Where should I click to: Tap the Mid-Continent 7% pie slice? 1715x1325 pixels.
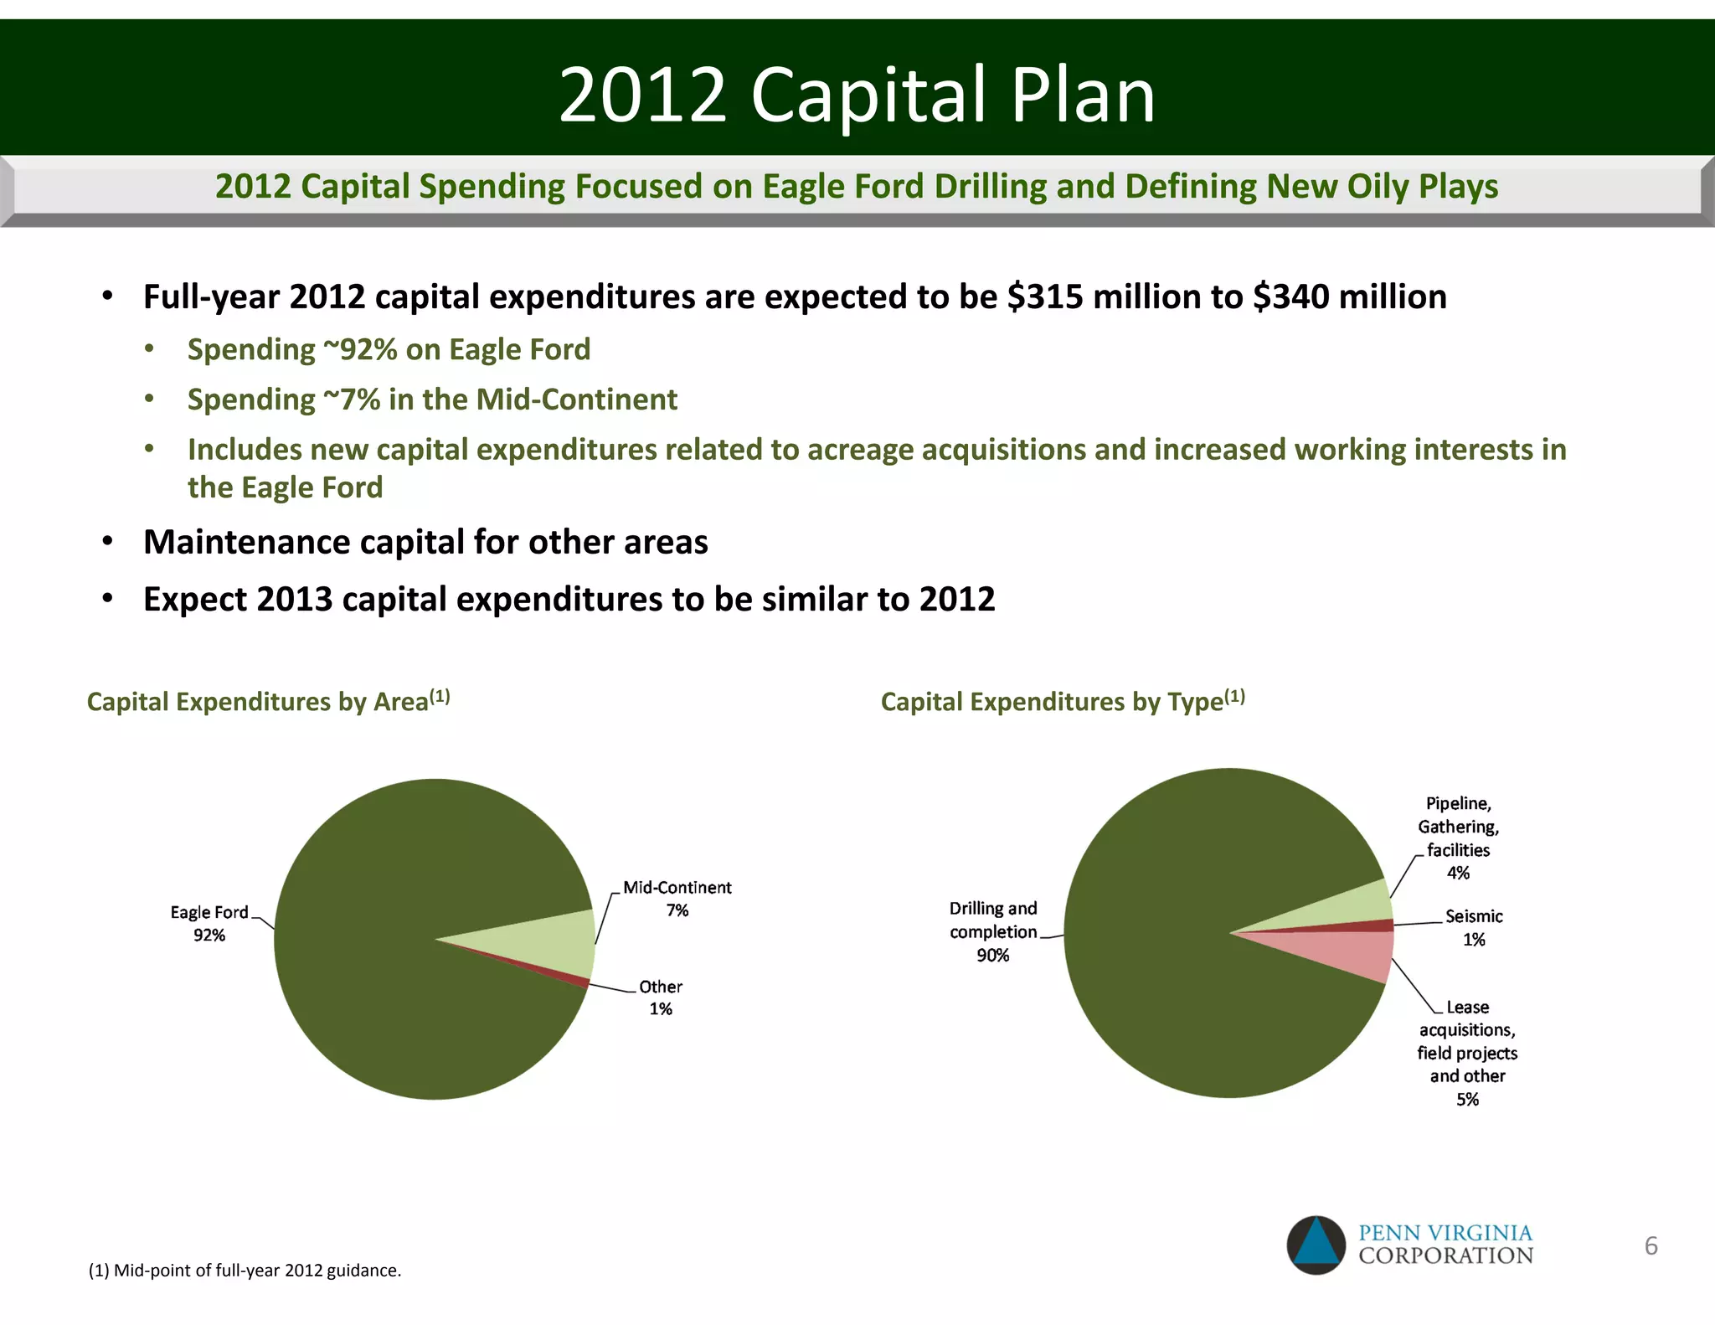[553, 945]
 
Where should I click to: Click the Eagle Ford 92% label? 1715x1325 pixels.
[209, 923]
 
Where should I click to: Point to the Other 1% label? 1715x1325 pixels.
[661, 998]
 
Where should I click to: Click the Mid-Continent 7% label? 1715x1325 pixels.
[677, 899]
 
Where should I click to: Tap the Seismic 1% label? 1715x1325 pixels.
[1474, 927]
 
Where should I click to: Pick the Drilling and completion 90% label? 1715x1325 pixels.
[993, 931]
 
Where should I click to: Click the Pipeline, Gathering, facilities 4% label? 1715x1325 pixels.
[1458, 838]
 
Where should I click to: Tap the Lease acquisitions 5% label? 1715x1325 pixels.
[1467, 1053]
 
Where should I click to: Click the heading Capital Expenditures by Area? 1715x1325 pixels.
[268, 701]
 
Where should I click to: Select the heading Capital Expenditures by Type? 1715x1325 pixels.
[1062, 701]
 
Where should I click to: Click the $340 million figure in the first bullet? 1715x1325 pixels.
[1349, 297]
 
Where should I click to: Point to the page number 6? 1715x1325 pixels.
[1651, 1245]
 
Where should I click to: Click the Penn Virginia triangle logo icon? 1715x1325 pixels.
[1316, 1245]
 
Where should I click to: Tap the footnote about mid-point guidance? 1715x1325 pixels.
[245, 1271]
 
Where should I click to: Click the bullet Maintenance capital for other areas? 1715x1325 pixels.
[425, 542]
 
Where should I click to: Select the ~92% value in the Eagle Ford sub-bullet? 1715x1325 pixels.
[360, 349]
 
